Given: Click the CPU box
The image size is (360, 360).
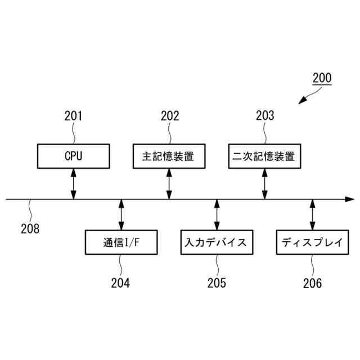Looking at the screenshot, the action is tap(74, 156).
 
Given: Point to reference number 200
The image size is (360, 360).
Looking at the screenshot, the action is tap(322, 78).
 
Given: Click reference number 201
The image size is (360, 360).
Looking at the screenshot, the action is tap(74, 116).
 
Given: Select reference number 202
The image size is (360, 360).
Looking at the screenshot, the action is tap(169, 116).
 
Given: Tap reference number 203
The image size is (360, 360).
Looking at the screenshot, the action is tap(265, 116).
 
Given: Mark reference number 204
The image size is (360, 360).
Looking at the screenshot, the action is tap(120, 283).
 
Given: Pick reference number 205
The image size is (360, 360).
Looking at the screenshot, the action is tap(217, 283).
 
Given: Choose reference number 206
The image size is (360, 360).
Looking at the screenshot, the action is tap(312, 283).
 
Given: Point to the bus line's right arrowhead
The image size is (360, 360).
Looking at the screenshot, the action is tap(350, 199).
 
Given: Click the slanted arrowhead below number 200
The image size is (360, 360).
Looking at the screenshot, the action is tap(302, 101).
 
